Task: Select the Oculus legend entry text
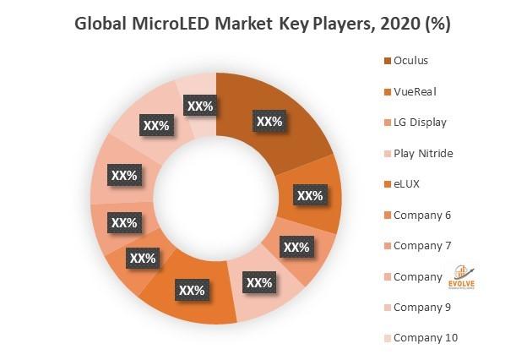(x=411, y=60)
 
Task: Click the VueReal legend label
(x=415, y=91)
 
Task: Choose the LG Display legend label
(x=420, y=122)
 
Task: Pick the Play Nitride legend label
(x=423, y=153)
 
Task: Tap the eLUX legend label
(x=407, y=183)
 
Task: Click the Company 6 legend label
(x=422, y=215)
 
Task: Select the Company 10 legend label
(x=426, y=338)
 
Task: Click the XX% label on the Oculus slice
(x=269, y=122)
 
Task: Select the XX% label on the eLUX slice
(x=192, y=291)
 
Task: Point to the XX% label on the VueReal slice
(x=310, y=196)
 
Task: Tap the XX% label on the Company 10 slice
(x=198, y=106)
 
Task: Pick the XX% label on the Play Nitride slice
(x=258, y=283)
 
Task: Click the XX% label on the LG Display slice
(x=296, y=248)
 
